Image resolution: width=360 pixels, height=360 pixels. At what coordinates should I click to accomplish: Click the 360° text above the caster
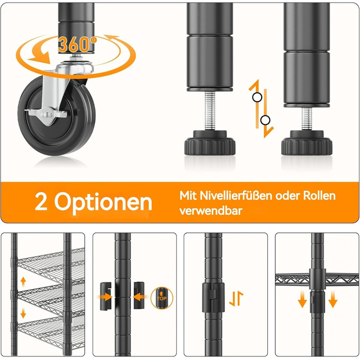point(77,45)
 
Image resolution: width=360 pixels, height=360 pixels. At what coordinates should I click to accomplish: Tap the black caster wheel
point(57,116)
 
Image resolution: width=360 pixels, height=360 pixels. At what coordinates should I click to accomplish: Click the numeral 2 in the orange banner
point(41,202)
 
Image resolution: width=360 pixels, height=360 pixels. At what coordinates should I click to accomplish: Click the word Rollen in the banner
point(319,195)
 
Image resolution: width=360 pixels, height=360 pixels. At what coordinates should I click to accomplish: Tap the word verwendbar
point(211,211)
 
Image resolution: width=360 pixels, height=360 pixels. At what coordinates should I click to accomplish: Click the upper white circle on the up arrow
point(257,97)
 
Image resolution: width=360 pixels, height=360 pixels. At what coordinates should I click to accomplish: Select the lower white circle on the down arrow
point(265,120)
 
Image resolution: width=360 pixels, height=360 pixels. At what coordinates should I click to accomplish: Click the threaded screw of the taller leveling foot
point(210,111)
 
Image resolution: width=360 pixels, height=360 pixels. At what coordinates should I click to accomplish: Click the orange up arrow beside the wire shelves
point(23,282)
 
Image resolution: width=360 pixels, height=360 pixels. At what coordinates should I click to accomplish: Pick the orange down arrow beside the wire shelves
point(23,313)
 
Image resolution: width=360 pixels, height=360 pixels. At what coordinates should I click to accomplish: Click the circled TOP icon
point(162,298)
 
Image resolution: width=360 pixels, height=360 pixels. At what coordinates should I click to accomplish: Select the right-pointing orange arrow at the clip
point(104,297)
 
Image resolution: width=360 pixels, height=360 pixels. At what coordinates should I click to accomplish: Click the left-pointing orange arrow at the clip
point(140,297)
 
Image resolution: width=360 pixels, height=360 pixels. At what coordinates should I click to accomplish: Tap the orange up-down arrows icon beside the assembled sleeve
point(236,298)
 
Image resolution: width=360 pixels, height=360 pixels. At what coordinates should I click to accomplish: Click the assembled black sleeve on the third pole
point(213,297)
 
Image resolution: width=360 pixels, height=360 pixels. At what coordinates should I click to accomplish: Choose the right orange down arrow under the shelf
point(333,299)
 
